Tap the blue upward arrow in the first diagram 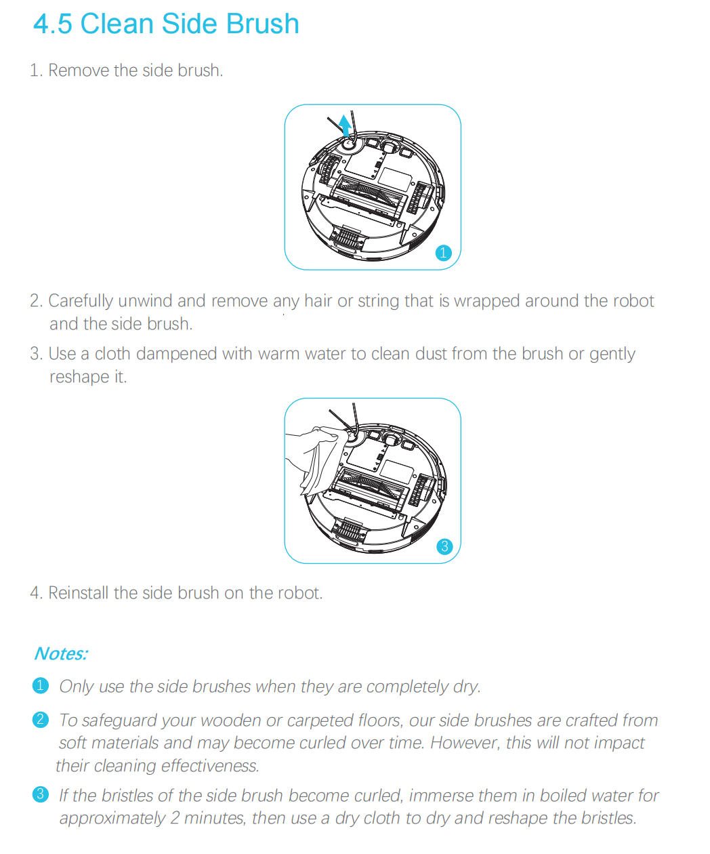tap(346, 125)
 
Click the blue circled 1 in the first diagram tap(443, 253)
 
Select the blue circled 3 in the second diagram tap(444, 546)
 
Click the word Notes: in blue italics tap(61, 653)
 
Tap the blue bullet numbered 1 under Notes tap(41, 685)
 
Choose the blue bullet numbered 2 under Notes tap(41, 719)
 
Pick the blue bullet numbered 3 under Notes tap(41, 794)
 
